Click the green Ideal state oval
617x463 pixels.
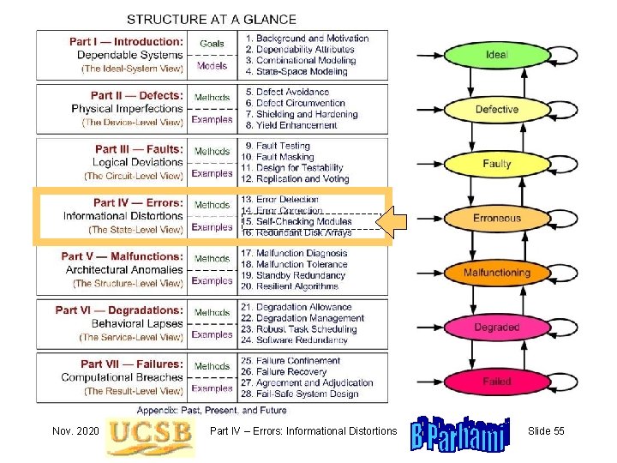click(x=496, y=55)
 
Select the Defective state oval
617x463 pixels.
click(x=496, y=110)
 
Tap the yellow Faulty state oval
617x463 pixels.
click(x=496, y=164)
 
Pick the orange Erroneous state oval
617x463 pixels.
click(x=496, y=219)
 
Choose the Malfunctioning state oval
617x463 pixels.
click(x=496, y=273)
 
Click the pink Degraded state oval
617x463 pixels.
click(x=496, y=328)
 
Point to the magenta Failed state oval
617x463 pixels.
click(x=496, y=382)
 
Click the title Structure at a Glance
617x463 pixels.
click(x=212, y=19)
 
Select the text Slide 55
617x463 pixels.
click(x=546, y=430)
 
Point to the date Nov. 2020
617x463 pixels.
click(x=74, y=430)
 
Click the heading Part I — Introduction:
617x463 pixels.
click(x=126, y=41)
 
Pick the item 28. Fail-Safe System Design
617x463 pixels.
click(x=300, y=394)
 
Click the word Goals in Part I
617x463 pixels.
click(x=212, y=44)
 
